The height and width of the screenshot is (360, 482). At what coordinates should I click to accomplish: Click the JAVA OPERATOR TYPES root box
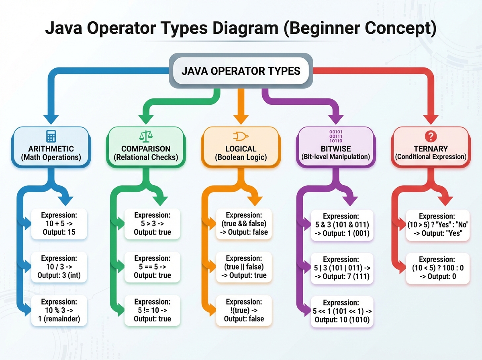click(241, 72)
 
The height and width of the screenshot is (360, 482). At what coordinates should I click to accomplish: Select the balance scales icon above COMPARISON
click(145, 137)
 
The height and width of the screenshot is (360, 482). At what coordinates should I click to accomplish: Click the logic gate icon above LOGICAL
click(240, 136)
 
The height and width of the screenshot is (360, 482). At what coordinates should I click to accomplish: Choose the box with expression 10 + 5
click(59, 223)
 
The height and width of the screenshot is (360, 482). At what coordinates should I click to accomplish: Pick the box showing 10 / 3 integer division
click(59, 267)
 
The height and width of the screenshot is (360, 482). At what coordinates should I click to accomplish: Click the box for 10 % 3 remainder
click(59, 310)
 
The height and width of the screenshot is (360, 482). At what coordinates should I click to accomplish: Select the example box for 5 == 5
click(152, 267)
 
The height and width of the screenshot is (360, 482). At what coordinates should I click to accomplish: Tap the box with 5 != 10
click(152, 310)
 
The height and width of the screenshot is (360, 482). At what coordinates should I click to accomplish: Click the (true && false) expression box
click(244, 223)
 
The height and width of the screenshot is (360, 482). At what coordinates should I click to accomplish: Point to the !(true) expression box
click(244, 310)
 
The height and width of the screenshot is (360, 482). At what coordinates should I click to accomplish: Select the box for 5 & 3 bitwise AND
click(342, 225)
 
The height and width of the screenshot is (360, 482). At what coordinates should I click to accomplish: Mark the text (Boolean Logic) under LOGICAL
click(241, 157)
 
